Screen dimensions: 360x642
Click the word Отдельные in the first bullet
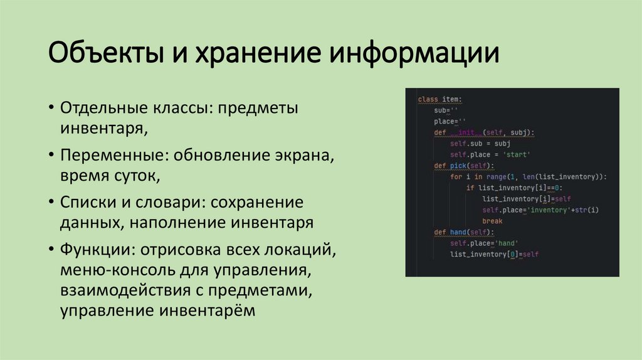pyautogui.click(x=103, y=108)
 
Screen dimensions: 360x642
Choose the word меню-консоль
pyautogui.click(x=113, y=271)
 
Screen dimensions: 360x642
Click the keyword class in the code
pyautogui.click(x=428, y=99)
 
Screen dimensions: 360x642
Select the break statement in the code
pyautogui.click(x=492, y=221)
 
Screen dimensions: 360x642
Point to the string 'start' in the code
pyautogui.click(x=517, y=154)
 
